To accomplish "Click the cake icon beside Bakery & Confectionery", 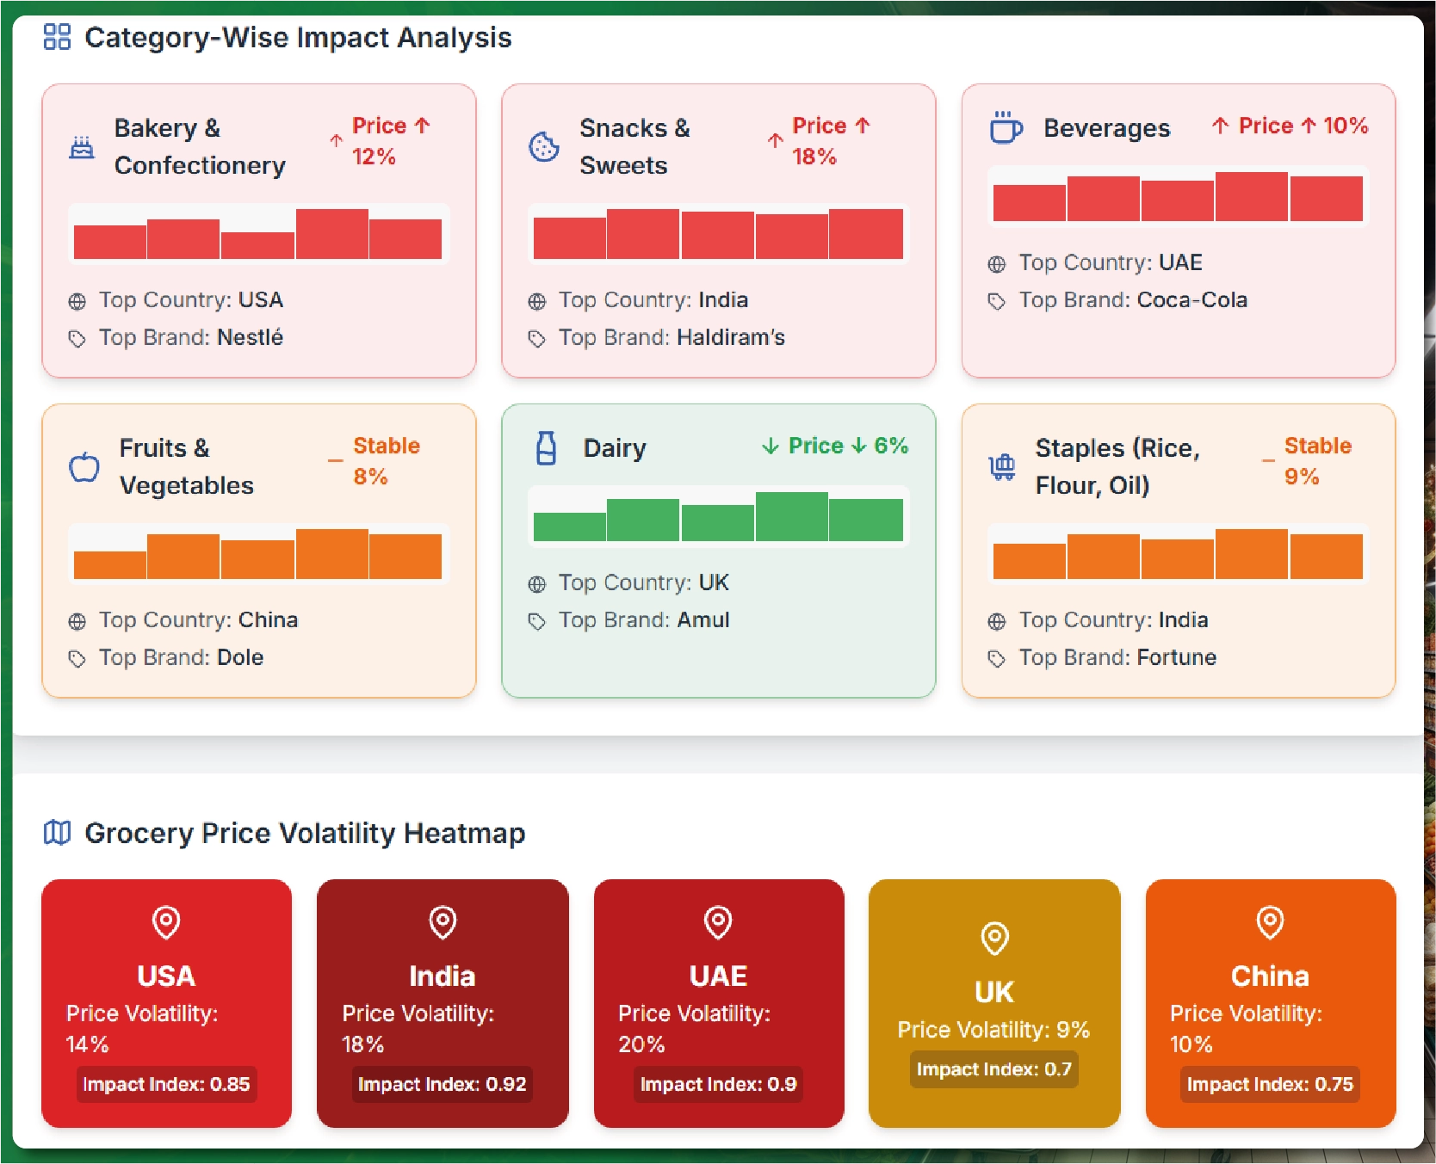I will [x=82, y=148].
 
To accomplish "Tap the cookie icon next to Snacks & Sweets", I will [x=543, y=146].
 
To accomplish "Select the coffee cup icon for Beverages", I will [x=1005, y=127].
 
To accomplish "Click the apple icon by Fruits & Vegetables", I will [x=84, y=466].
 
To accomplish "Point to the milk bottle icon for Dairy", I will [x=546, y=448].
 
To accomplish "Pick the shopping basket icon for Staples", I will [x=1002, y=466].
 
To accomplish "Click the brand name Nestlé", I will [x=250, y=337].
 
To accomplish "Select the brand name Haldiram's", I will [x=730, y=337].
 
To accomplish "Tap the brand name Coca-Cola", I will [x=1192, y=300].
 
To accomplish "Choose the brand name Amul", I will [x=703, y=620].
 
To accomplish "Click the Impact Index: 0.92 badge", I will [x=442, y=1084].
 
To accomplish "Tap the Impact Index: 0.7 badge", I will [x=993, y=1069].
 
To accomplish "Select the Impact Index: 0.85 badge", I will [x=166, y=1084].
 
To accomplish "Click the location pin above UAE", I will [x=718, y=921].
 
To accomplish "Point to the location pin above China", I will [x=1270, y=921].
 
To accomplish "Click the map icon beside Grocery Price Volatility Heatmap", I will [x=57, y=833].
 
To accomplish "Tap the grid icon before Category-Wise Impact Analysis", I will [x=57, y=37].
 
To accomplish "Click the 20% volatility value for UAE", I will [x=641, y=1044].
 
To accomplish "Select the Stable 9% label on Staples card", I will [x=1317, y=461].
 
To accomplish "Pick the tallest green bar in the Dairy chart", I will [x=791, y=516].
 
